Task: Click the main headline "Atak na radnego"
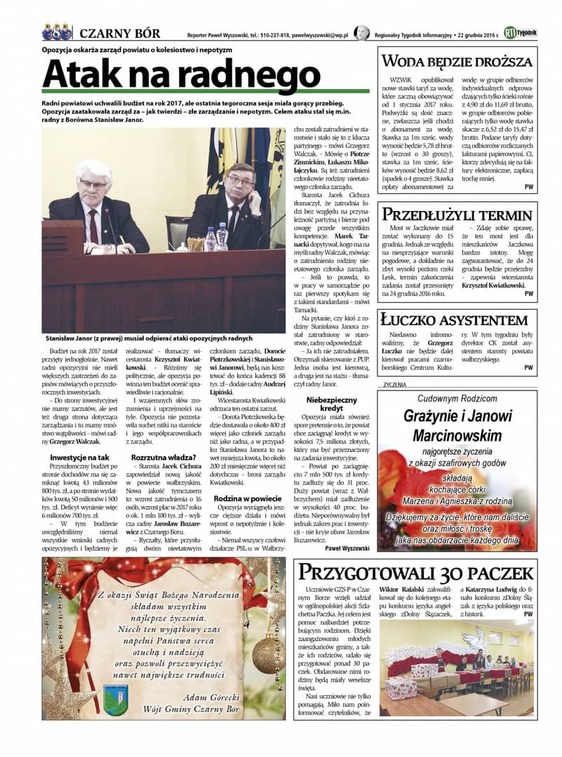181,74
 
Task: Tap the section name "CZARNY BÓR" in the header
119,33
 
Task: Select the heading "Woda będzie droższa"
457,60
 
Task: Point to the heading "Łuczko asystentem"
453,320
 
